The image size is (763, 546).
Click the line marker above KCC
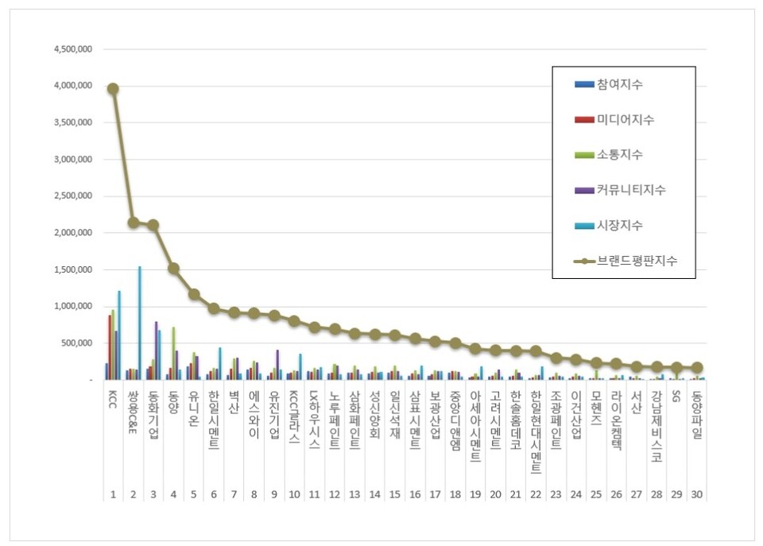click(x=113, y=89)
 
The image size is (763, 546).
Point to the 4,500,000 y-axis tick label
click(x=73, y=49)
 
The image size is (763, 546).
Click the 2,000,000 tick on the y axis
click(x=73, y=233)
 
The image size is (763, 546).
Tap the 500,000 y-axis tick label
click(x=78, y=343)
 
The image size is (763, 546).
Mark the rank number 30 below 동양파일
click(x=697, y=494)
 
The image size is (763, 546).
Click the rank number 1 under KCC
click(x=113, y=494)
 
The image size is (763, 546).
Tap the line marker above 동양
click(x=173, y=269)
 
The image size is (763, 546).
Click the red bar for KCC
click(x=110, y=347)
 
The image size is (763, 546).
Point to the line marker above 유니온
click(x=193, y=294)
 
